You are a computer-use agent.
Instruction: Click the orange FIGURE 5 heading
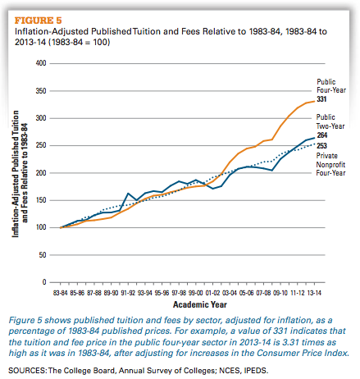[x=39, y=21]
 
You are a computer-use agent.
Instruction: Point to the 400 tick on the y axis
[x=41, y=63]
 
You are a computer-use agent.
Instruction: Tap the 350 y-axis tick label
[x=41, y=91]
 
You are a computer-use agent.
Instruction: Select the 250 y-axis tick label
[x=41, y=145]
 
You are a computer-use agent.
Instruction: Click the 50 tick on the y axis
[x=43, y=255]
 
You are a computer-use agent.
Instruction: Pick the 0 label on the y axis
[x=44, y=282]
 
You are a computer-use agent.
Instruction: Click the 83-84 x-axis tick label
[x=60, y=293]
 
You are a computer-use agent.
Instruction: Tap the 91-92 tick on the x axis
[x=128, y=293]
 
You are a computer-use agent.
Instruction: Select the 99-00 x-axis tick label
[x=196, y=293]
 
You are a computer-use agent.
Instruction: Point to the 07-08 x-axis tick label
[x=263, y=293]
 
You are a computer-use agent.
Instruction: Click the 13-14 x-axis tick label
[x=314, y=293]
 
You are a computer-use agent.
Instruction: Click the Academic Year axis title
[x=200, y=304]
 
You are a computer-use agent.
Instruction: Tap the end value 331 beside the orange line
[x=321, y=99]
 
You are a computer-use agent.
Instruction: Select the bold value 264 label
[x=322, y=135]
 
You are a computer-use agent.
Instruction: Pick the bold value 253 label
[x=321, y=146]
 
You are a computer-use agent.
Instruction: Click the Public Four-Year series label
[x=331, y=86]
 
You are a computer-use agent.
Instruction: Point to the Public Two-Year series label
[x=330, y=121]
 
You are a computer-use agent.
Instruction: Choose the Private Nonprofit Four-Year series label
[x=330, y=164]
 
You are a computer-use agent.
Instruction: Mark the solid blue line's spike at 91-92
[x=128, y=194]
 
